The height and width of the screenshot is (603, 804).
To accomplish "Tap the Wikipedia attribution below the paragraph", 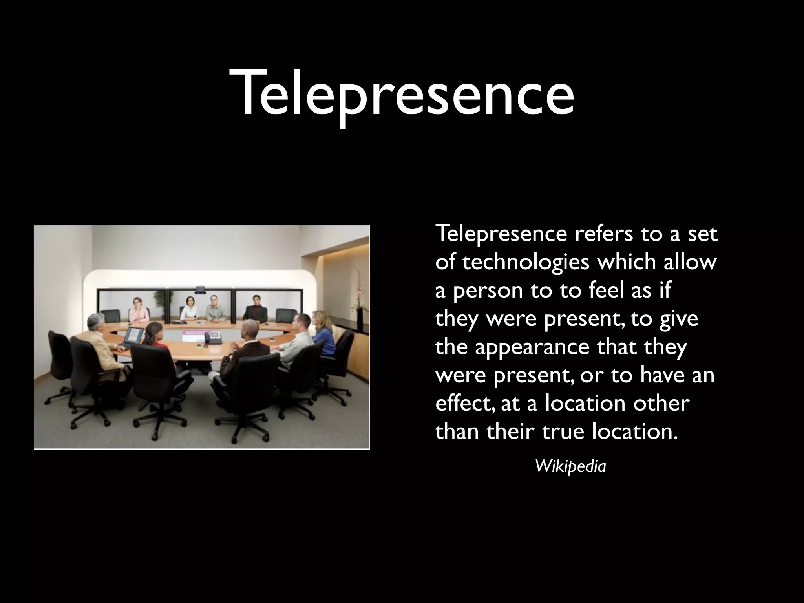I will coord(570,466).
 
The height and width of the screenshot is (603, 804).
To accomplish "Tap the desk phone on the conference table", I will coord(214,338).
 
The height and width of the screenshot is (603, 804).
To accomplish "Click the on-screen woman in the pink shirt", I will coord(139,310).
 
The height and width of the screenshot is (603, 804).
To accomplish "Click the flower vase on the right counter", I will coord(359,310).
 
